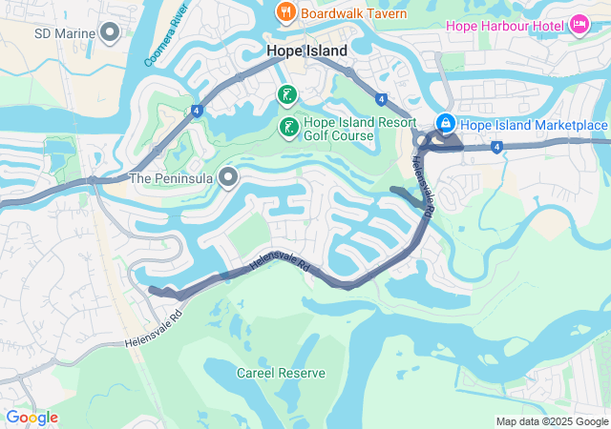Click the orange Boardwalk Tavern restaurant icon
[285, 12]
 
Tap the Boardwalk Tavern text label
[353, 13]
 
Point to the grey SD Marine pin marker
[110, 33]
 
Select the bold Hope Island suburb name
[306, 51]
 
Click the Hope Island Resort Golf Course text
[360, 130]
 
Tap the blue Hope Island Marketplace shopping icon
[445, 124]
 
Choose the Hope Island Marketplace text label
[534, 125]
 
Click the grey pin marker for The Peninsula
[227, 177]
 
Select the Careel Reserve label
[281, 373]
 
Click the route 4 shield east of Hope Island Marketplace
[497, 147]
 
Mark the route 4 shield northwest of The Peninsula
[195, 110]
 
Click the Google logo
[32, 417]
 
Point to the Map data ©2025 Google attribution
[551, 421]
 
